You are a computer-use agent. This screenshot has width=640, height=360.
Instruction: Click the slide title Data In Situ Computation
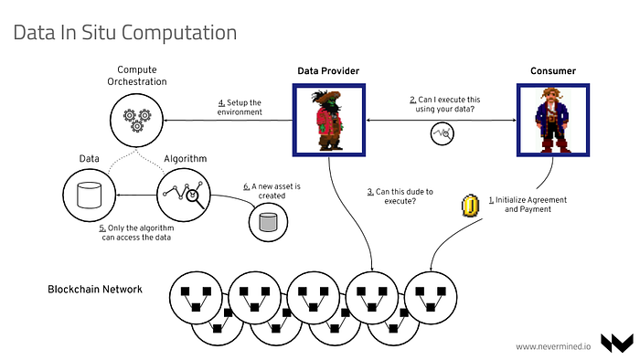coord(125,33)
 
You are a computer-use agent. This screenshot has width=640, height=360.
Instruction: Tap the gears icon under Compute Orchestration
coord(137,121)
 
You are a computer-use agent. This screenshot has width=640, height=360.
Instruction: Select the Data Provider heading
coord(328,71)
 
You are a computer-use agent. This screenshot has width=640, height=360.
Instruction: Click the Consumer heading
coord(553,71)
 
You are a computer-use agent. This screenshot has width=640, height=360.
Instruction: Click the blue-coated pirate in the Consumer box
coord(552,121)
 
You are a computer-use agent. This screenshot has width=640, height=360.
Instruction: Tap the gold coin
coord(470,206)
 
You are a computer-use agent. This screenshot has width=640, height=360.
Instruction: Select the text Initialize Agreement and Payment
coord(528,205)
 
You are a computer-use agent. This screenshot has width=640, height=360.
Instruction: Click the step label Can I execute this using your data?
coord(445,104)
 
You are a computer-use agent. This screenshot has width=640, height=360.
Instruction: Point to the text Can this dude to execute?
coord(400,196)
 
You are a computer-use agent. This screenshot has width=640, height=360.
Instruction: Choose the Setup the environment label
coord(240,107)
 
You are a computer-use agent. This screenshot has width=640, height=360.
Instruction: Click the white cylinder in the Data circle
coord(90,196)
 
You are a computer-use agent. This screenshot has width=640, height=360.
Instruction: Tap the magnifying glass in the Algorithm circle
coord(194,198)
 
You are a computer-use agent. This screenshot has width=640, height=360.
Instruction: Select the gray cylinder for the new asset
coord(268,222)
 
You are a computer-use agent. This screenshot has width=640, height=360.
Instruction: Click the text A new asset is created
coord(272,191)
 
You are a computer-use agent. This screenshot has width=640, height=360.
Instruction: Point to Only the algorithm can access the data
coord(137,232)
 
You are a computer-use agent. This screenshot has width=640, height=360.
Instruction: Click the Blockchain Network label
coord(95,290)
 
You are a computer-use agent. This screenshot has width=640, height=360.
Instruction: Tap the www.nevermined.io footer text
coord(553,346)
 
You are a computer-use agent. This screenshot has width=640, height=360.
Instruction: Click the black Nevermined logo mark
coord(617,344)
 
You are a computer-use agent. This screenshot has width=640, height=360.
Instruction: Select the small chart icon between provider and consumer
coord(442,133)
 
